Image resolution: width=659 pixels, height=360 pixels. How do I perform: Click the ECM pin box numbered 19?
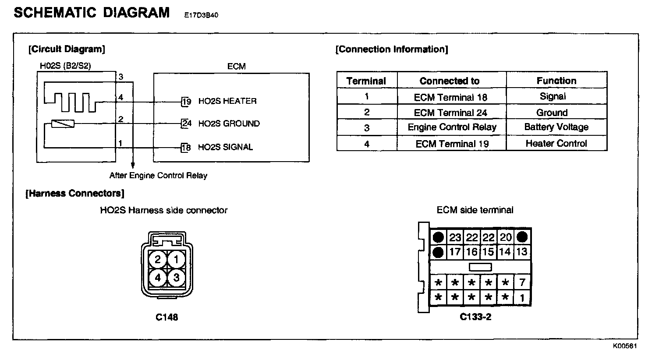(x=186, y=102)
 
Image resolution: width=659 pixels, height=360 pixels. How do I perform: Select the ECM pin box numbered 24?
(x=186, y=124)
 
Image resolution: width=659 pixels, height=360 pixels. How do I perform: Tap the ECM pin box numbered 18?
(x=186, y=148)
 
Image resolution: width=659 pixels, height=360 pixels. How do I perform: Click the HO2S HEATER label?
(x=227, y=101)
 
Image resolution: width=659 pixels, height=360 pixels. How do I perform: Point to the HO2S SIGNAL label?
(x=225, y=147)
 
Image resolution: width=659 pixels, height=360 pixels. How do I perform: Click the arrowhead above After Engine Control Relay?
(x=132, y=166)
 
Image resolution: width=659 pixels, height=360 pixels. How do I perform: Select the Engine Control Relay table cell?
(x=452, y=127)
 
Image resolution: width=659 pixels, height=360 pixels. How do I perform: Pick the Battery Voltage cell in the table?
(x=556, y=127)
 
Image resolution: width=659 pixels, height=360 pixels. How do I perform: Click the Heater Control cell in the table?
(x=556, y=144)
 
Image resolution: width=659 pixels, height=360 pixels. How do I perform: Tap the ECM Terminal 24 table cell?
(x=450, y=113)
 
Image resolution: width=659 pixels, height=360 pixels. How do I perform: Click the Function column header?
(x=556, y=81)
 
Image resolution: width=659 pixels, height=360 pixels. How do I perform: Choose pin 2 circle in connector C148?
(x=158, y=260)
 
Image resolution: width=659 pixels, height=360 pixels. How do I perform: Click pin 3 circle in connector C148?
(x=176, y=278)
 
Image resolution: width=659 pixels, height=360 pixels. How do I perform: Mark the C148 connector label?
(x=167, y=317)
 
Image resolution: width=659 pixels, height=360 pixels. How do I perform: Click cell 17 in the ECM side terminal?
(x=455, y=252)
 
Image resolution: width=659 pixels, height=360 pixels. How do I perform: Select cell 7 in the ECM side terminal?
(x=522, y=282)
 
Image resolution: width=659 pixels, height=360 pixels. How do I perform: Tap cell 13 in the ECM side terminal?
(x=521, y=252)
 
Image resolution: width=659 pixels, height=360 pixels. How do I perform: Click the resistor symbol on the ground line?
(x=63, y=124)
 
